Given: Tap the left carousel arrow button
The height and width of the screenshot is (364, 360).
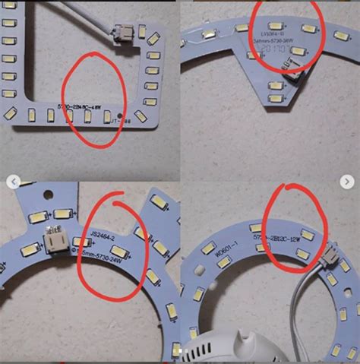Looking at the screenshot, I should pyautogui.click(x=13, y=182).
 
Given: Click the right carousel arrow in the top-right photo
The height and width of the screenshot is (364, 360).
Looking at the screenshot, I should pyautogui.click(x=347, y=182).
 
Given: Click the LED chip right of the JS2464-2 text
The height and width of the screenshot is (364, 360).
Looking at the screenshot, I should pyautogui.click(x=139, y=233).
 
